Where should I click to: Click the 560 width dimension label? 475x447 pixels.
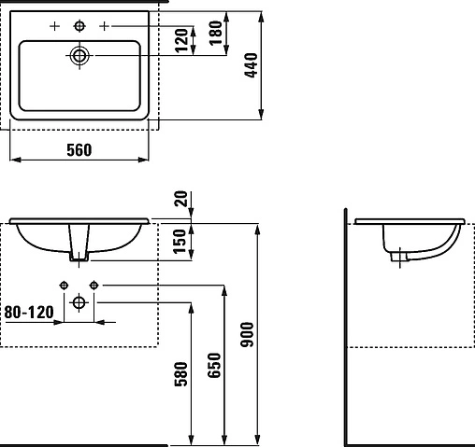79,150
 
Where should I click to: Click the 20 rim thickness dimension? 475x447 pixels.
180,199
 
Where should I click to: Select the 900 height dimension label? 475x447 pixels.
247,334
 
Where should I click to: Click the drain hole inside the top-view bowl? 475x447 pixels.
79,56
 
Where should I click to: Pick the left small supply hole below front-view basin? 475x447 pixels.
64,284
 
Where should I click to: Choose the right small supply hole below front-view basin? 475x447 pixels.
94,284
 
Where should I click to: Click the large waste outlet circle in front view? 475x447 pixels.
79,301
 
